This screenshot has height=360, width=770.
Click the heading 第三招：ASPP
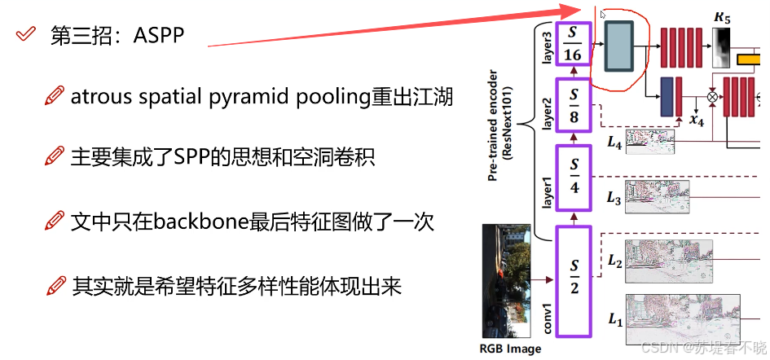117,36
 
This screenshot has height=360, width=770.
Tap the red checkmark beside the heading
27,34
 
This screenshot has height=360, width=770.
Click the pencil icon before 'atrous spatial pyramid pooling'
55,98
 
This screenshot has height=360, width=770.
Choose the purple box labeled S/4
573,177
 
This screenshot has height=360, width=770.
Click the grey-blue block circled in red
619,48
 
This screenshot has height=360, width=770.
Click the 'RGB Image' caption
510,349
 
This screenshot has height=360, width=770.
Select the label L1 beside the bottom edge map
614,320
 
